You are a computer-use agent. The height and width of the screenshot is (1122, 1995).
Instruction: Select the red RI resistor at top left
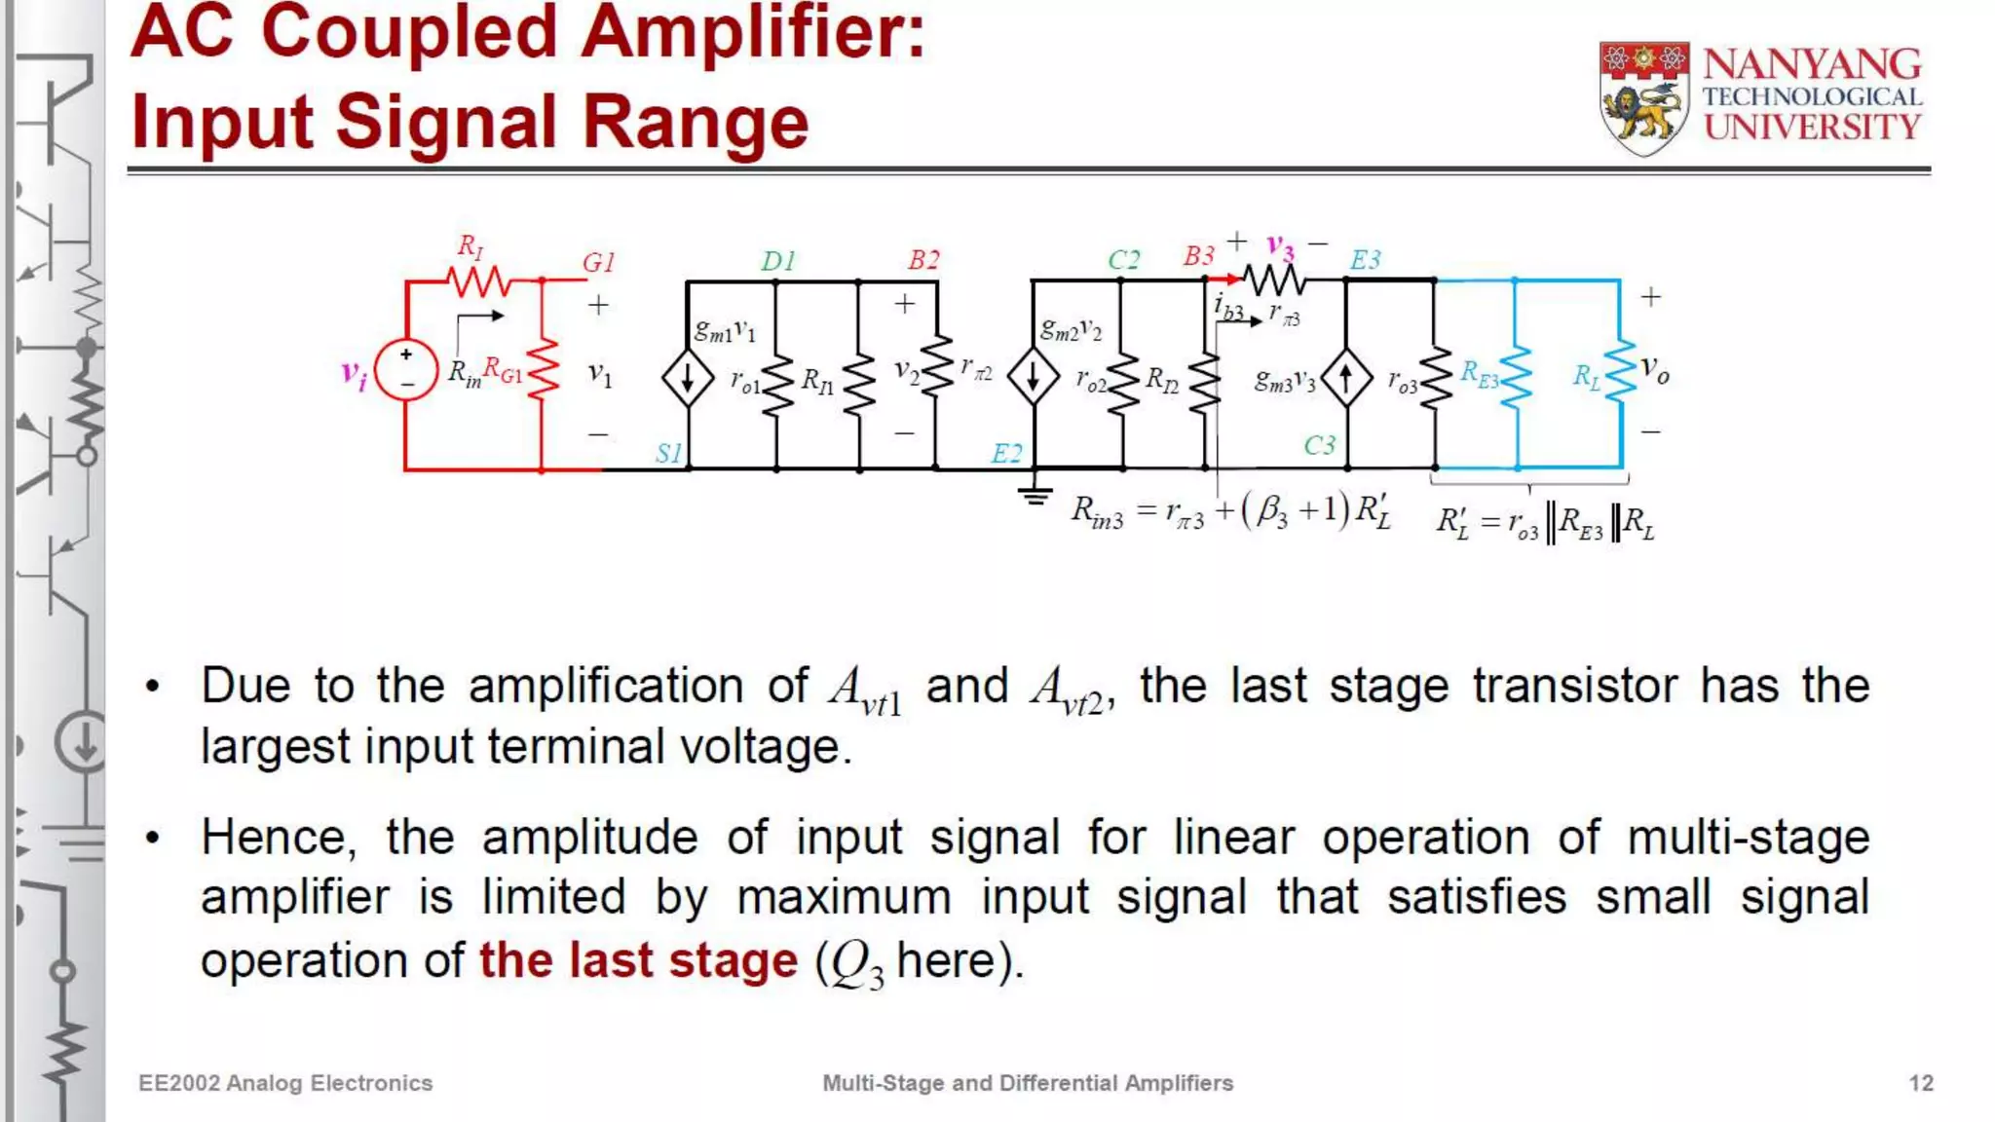coord(478,281)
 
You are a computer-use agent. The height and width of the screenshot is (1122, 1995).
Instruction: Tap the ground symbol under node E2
coord(1035,496)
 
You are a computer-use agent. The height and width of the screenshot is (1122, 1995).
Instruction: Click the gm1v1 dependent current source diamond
coord(688,378)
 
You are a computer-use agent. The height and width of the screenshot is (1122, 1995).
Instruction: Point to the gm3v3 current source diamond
coord(1346,378)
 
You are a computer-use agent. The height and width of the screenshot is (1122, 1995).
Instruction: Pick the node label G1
coord(598,262)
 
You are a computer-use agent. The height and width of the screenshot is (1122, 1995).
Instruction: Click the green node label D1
coord(777,261)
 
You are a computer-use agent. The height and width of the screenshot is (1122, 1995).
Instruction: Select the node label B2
coord(922,260)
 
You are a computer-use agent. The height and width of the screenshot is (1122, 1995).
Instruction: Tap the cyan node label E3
coord(1365,260)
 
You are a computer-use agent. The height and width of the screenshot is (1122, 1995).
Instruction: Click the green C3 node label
coord(1319,445)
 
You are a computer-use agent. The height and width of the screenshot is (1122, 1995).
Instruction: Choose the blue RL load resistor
coord(1620,370)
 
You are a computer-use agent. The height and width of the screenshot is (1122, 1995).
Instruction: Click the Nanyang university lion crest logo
coord(1644,98)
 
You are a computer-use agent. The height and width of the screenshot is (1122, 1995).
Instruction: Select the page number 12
coord(1920,1083)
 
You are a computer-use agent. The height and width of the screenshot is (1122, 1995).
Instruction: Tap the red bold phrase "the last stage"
coord(638,960)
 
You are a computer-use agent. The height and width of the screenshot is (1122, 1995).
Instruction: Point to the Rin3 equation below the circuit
coord(1229,511)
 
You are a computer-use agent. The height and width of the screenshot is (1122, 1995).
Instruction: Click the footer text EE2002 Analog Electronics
coord(285,1083)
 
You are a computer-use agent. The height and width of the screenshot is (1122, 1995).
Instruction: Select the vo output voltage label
coord(1654,370)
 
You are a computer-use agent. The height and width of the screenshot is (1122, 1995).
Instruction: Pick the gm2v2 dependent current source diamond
coord(1033,378)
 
